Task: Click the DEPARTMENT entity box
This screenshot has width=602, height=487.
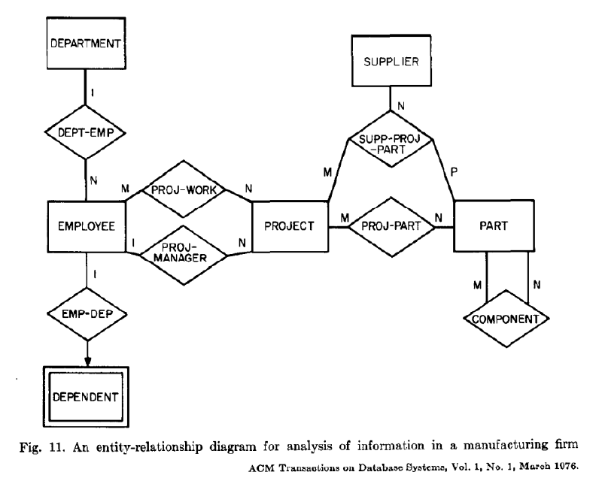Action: tap(86, 44)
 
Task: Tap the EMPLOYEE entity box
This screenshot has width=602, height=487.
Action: tap(85, 224)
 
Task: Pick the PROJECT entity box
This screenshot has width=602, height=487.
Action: tap(290, 225)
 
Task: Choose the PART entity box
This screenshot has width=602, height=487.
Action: tap(494, 225)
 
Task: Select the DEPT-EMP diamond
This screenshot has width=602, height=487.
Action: tap(86, 132)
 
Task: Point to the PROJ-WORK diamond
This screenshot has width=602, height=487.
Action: tap(189, 191)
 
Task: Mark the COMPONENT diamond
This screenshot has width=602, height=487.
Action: tap(507, 319)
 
